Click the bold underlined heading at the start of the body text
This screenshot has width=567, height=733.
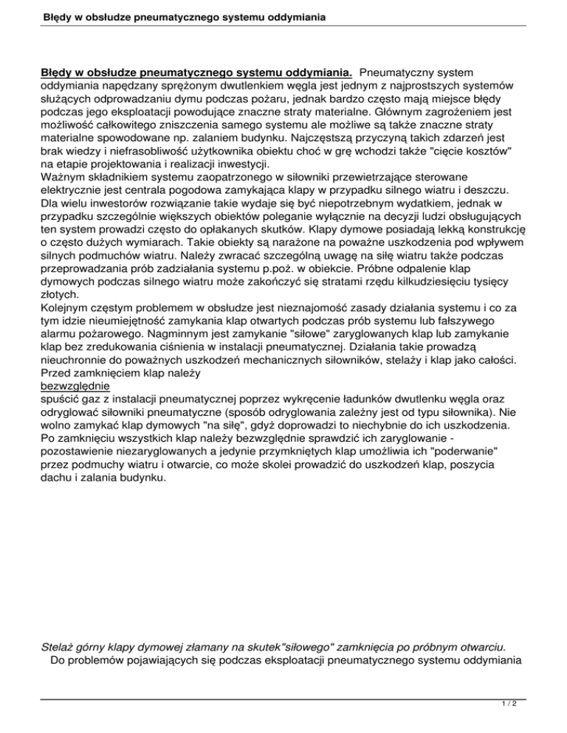point(196,74)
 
